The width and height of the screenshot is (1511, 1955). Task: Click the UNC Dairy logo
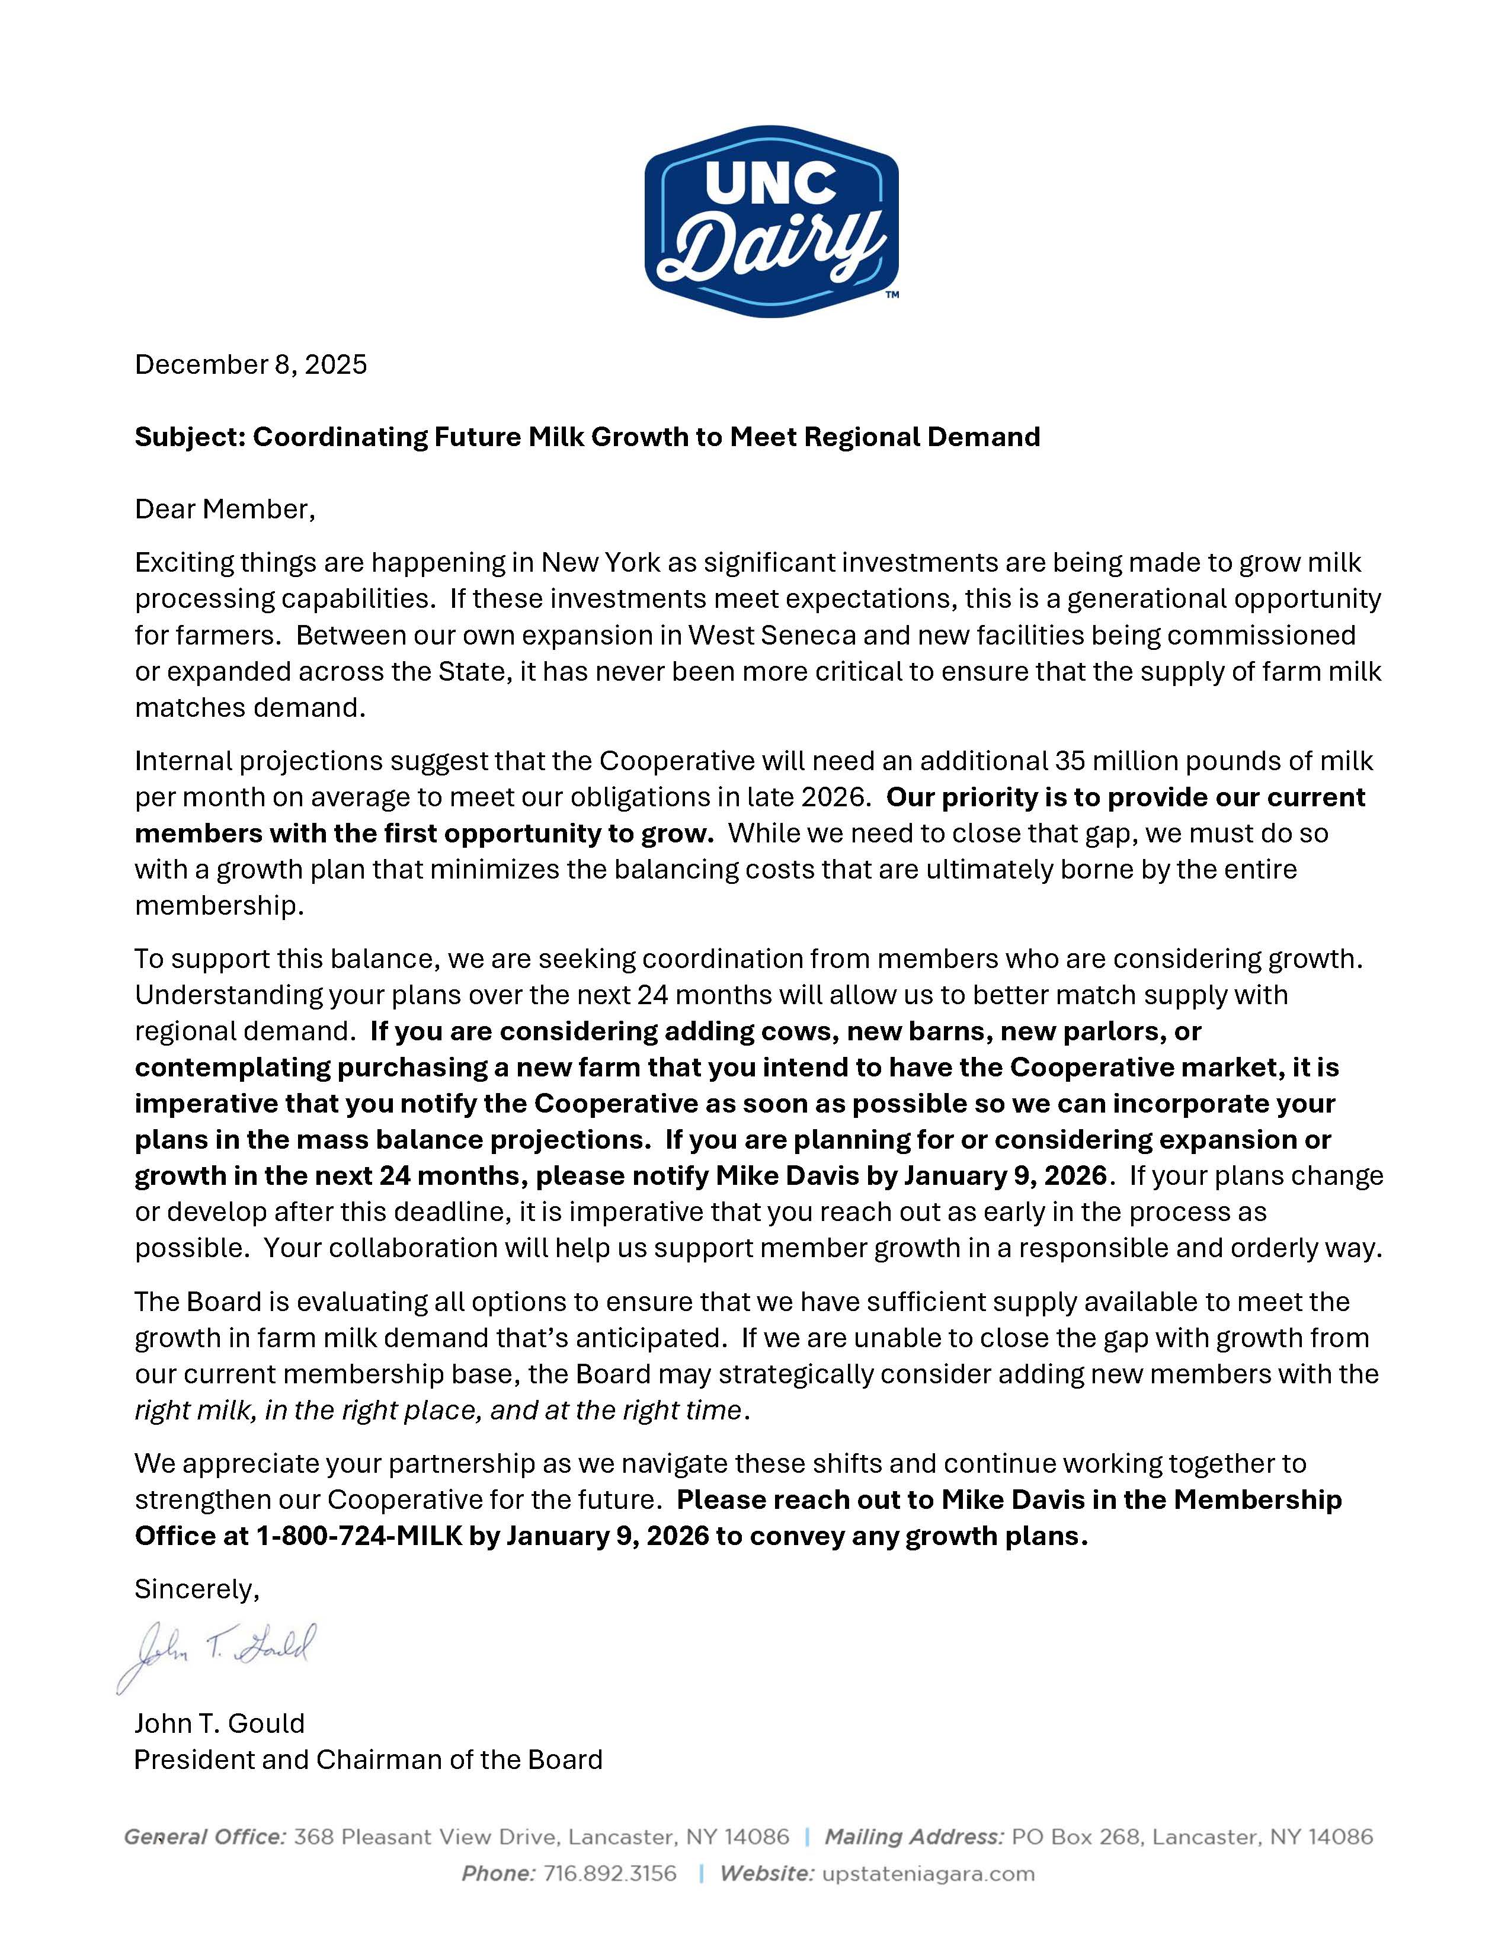pos(771,221)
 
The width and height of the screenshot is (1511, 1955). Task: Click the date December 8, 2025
pos(251,364)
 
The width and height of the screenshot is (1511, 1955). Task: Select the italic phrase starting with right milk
pos(438,1410)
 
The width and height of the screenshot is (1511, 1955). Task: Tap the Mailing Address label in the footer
pos(914,1837)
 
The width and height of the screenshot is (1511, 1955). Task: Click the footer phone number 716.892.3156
pos(610,1873)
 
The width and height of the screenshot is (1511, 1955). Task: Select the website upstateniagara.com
pos(927,1873)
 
